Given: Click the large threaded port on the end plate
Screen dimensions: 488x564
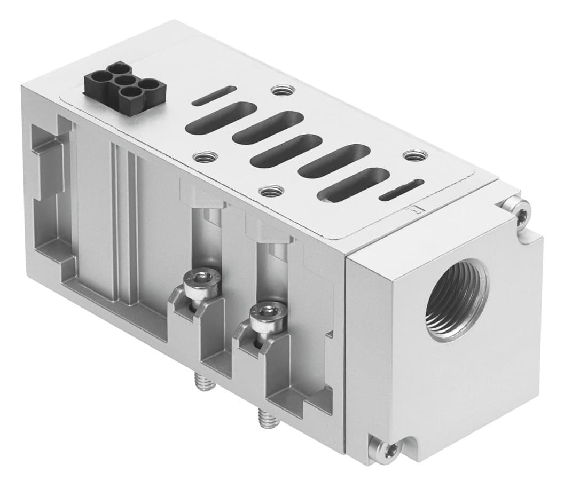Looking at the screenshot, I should (x=457, y=301).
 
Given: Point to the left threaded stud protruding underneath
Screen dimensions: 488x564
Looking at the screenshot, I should (x=202, y=380).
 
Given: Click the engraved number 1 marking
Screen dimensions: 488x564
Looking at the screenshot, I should (x=413, y=211).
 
